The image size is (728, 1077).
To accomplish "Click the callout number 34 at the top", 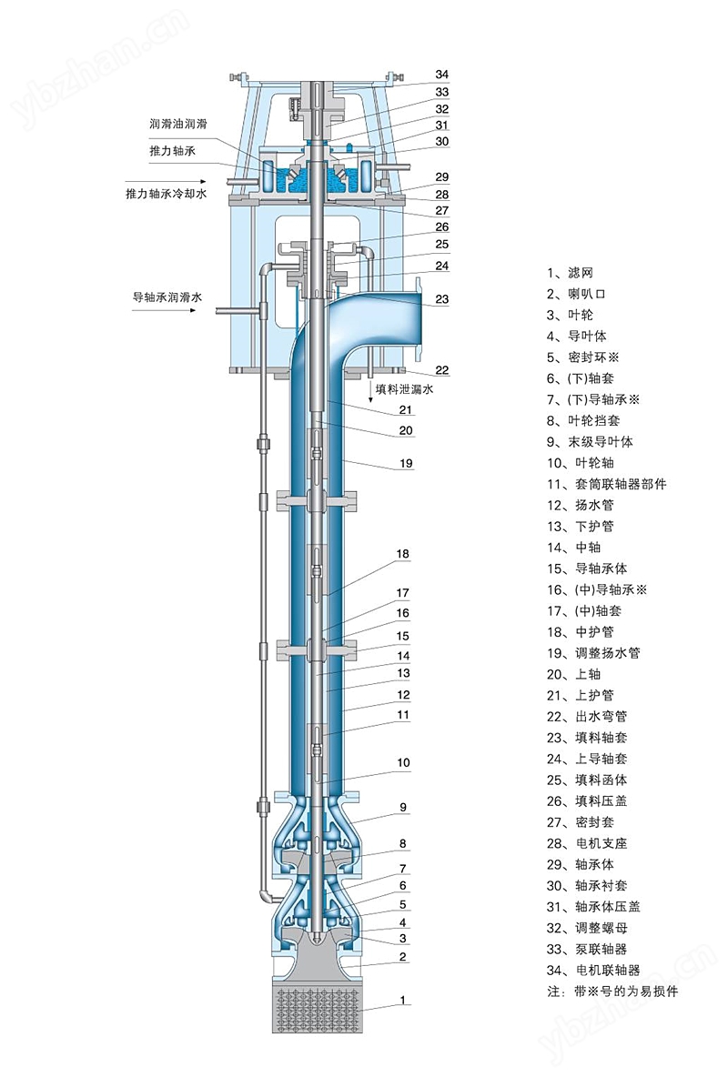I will click(442, 75).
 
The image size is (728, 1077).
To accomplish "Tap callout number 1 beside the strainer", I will click(402, 1001).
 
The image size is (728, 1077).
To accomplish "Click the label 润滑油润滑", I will click(179, 124).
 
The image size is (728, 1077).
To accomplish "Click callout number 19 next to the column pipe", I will click(406, 464).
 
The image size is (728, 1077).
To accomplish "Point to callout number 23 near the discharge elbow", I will click(442, 299).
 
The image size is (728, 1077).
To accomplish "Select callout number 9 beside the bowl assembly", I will click(402, 807).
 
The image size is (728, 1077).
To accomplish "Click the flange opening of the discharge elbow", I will click(420, 319).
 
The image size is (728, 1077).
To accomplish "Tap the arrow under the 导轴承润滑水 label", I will click(165, 311).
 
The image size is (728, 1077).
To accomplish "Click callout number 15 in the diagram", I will click(402, 636).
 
